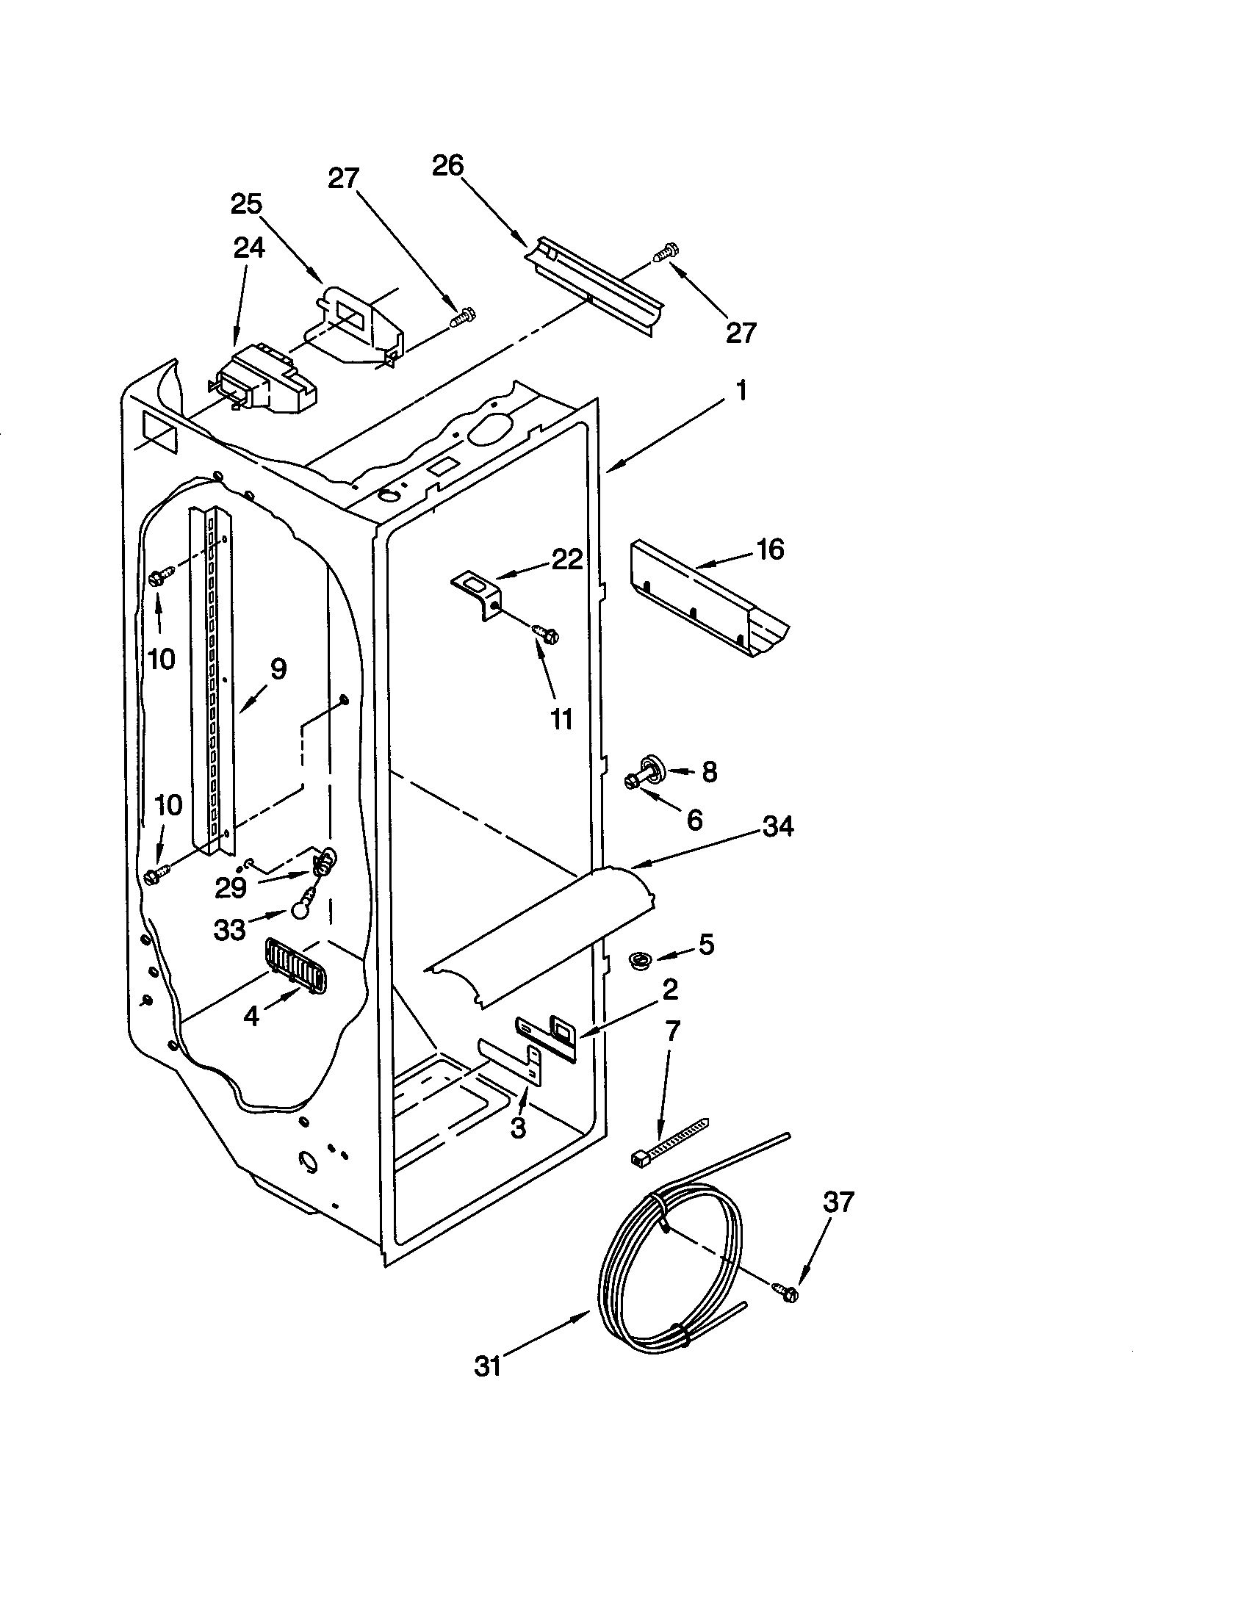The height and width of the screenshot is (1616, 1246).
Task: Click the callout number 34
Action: coord(777,826)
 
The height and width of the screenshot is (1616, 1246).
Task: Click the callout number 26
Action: coord(447,166)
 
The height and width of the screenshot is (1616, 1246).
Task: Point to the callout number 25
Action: coord(246,204)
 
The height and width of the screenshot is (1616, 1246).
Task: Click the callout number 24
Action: coord(248,248)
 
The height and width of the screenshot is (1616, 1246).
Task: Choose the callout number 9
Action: coord(278,669)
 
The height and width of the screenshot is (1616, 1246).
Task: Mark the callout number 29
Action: coord(230,887)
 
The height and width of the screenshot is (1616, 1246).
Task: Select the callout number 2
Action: coord(669,989)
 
